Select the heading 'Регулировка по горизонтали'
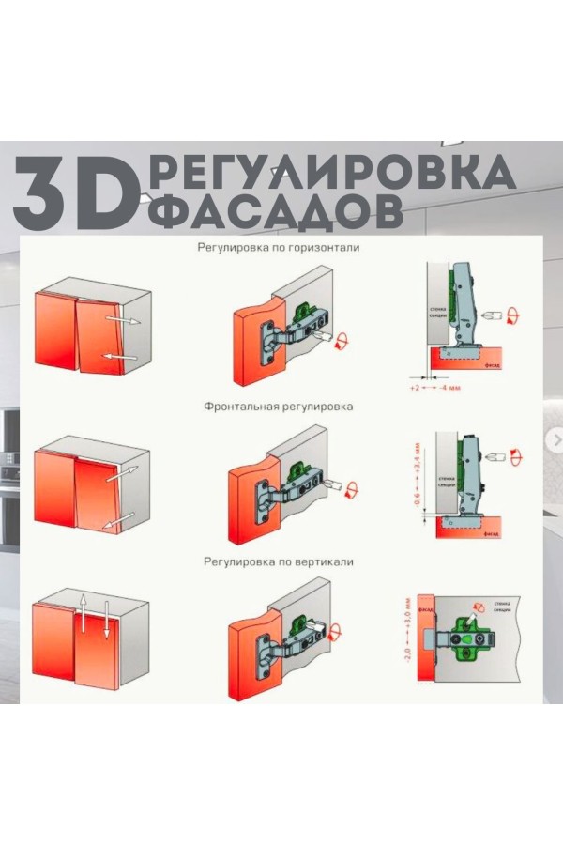coord(278,249)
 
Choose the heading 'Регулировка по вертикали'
coord(278,561)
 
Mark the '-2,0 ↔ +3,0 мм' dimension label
coord(407,631)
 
